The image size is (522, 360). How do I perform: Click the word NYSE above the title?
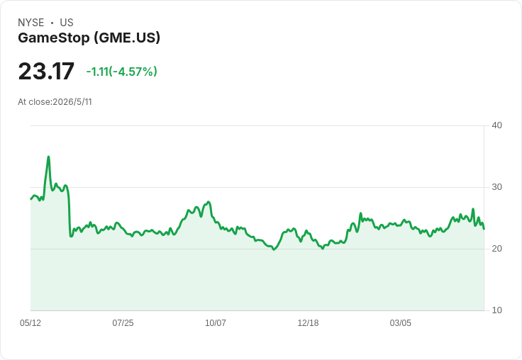coord(31,23)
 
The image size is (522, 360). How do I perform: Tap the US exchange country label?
coord(67,23)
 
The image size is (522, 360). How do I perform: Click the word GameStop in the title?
coord(54,38)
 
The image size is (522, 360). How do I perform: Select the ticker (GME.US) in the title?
coord(127,38)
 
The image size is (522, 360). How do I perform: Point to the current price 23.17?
coord(46,72)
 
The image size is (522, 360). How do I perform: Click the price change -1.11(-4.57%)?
coord(121,72)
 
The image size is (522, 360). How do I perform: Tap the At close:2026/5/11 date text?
coord(55,102)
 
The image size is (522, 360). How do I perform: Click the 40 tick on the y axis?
coord(496,125)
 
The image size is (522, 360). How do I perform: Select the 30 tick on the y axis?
coord(496,187)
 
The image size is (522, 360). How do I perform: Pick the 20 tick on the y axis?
coord(496,249)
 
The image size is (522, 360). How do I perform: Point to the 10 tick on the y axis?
coord(496,310)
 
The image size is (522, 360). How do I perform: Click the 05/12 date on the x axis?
coord(30,322)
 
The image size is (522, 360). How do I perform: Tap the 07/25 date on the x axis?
coord(123,322)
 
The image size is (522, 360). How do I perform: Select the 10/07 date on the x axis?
coord(216,322)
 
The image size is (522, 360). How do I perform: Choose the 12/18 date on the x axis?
coord(308,322)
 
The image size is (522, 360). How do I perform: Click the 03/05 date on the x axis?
coord(401,322)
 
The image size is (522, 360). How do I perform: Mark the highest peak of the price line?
coord(49,157)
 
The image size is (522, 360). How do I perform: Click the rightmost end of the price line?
coord(484,229)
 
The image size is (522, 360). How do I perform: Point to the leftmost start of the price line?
coord(30,199)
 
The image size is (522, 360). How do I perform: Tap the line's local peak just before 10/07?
coord(209,202)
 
